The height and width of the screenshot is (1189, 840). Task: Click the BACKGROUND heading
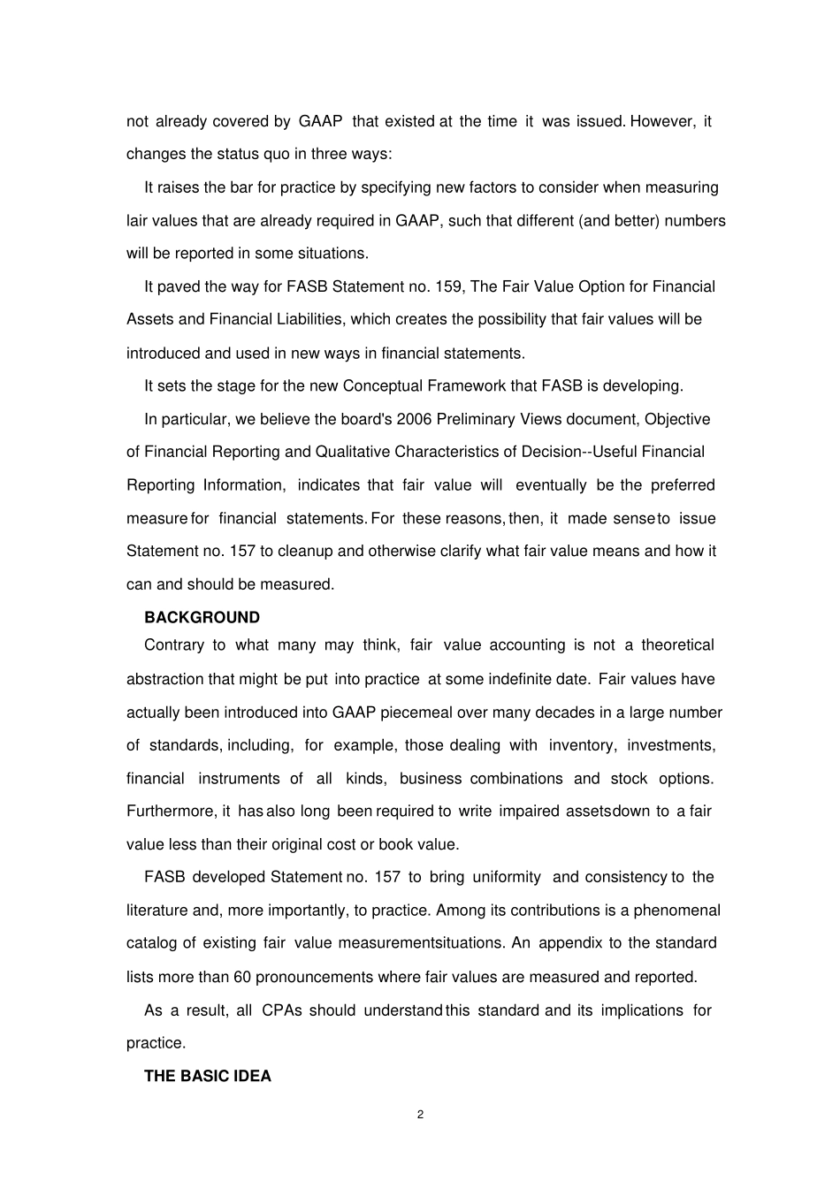coord(202,617)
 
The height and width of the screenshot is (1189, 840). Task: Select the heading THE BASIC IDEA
coord(207,1076)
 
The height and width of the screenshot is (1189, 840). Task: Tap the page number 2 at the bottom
coord(420,1114)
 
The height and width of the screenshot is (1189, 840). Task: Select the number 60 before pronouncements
coord(243,977)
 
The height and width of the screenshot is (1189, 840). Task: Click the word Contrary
coord(173,644)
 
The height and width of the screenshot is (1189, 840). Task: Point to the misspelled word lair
coord(138,220)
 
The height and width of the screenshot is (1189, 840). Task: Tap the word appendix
coord(570,942)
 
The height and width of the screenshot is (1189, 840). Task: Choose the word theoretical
coord(677,644)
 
